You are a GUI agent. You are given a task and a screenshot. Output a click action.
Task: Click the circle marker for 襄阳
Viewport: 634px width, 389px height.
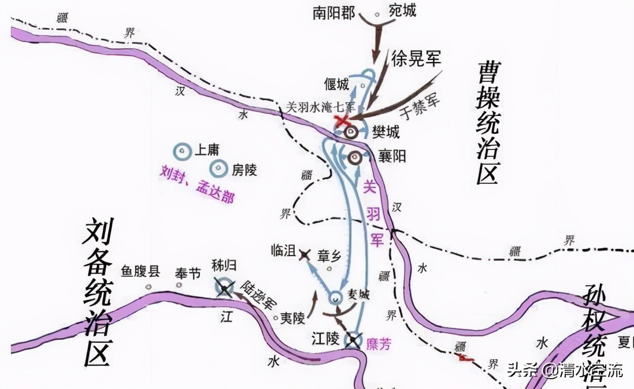355,158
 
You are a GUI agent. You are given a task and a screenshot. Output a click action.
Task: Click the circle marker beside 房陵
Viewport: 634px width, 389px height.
219,169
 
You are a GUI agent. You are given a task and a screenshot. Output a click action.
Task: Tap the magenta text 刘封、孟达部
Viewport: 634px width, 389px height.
197,183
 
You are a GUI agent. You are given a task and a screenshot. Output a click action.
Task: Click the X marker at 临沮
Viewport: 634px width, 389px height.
305,254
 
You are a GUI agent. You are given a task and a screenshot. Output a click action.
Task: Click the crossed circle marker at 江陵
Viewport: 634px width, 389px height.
354,340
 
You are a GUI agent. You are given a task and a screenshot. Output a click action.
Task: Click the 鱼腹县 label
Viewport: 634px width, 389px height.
140,271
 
